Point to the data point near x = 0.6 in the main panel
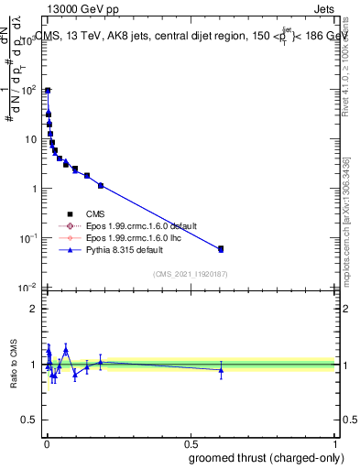pos(221,248)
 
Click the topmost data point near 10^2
pos(48,91)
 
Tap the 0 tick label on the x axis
pos(46,443)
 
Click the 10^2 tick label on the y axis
pos(28,90)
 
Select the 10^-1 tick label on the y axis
pos(28,238)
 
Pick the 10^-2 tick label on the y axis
pos(28,288)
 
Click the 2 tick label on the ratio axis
pos(33,309)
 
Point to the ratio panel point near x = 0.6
pos(221,370)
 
